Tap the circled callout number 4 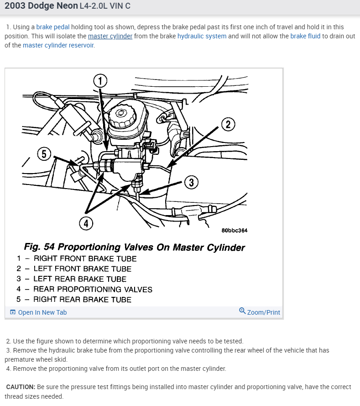click(x=86, y=223)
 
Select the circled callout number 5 click(x=44, y=154)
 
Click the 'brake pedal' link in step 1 click(x=53, y=27)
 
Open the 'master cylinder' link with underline click(x=110, y=36)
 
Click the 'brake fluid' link click(x=305, y=36)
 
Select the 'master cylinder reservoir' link click(x=58, y=45)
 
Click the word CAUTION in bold click(x=21, y=387)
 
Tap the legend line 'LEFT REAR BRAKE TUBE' click(x=80, y=279)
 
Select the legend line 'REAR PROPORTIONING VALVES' click(x=93, y=289)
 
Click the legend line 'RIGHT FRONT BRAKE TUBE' click(x=85, y=258)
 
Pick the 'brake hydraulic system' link click(x=202, y=36)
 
